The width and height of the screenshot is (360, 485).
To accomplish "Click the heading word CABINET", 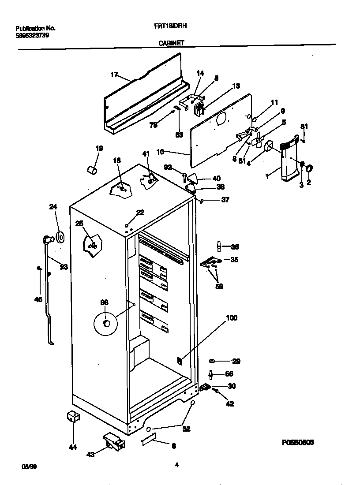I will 171,43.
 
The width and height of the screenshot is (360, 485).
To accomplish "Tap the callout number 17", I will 113,75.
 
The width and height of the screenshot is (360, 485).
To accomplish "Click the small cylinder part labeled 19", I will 93,170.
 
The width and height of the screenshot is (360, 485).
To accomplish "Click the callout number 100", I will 231,317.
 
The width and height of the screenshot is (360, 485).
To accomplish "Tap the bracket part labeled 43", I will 113,441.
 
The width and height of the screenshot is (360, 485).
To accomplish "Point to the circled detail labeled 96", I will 106,324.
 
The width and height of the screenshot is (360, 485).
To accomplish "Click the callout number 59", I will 219,286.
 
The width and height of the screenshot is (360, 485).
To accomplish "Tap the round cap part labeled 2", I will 309,168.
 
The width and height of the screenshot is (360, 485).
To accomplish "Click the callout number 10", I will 160,152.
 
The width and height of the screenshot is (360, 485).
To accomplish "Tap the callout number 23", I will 64,266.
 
